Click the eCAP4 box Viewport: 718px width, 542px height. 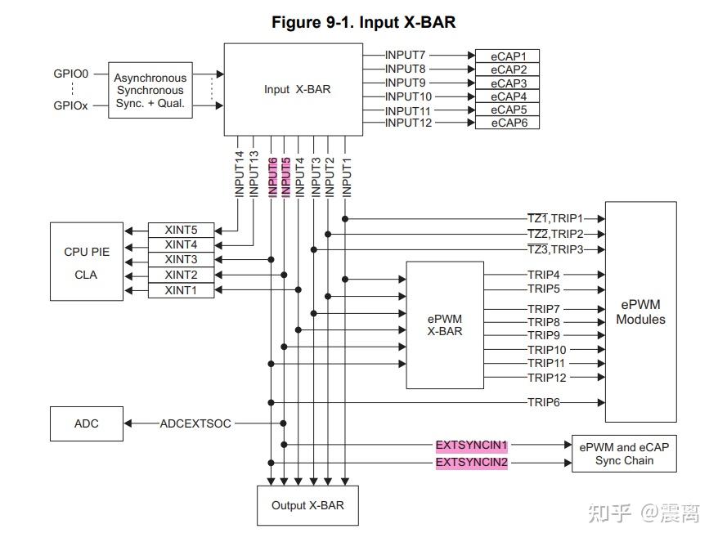[508, 96]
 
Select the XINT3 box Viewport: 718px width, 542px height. [181, 259]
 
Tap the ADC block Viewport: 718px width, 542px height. [87, 423]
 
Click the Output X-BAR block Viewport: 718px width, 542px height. [307, 505]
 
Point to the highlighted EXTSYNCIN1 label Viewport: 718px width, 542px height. [471, 446]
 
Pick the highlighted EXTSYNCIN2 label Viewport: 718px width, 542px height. [471, 463]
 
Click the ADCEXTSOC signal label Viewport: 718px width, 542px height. [195, 423]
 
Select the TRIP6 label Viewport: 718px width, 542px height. [543, 402]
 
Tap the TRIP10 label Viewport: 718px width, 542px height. [547, 350]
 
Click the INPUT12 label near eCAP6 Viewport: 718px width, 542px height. [408, 123]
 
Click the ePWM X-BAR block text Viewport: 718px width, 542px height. [445, 325]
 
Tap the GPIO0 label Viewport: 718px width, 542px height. [71, 74]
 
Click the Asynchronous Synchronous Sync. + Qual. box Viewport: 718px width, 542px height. [150, 91]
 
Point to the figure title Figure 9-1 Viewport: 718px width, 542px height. [363, 22]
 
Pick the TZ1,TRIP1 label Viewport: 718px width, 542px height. [554, 218]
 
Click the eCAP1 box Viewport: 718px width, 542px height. [508, 56]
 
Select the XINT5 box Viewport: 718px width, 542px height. [181, 229]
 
